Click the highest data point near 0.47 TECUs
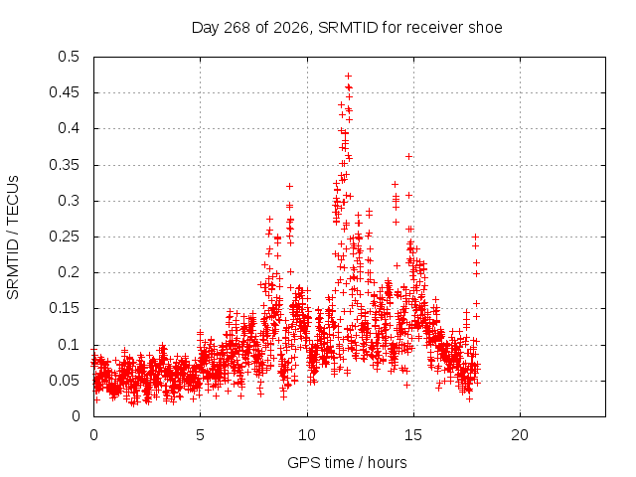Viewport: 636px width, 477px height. click(348, 76)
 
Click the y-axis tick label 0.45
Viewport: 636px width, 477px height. click(64, 92)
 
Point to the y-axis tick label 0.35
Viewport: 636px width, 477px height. click(64, 165)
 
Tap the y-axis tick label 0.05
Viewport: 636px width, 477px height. click(64, 381)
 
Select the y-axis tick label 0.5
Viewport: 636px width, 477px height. click(69, 57)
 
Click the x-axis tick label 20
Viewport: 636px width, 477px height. click(520, 435)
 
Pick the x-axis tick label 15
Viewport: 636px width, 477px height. click(413, 435)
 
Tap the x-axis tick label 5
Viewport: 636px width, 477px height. click(200, 435)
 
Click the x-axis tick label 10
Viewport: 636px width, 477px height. click(307, 435)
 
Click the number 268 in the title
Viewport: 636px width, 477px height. click(237, 28)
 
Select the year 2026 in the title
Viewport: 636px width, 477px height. click(291, 28)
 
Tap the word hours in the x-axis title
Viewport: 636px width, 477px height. click(387, 462)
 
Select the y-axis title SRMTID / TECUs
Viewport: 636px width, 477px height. click(13, 238)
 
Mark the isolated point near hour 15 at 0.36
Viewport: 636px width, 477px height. click(408, 157)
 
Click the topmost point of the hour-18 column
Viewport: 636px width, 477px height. click(475, 237)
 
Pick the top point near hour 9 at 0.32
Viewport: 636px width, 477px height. click(289, 186)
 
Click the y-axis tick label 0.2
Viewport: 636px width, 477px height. click(69, 272)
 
